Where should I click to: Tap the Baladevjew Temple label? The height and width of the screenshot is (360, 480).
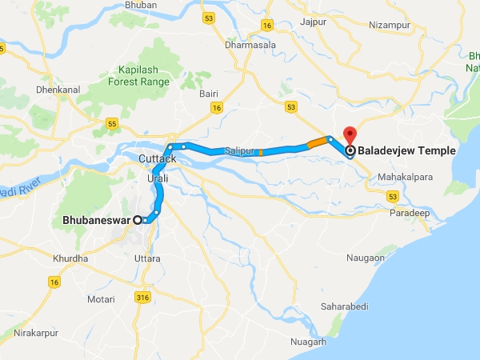coord(407,150)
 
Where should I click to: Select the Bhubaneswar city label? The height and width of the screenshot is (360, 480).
coord(97,220)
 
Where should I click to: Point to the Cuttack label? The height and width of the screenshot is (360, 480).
coord(157,159)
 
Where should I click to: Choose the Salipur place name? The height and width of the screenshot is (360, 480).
coord(241,150)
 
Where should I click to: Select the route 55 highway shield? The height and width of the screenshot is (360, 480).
coord(112,124)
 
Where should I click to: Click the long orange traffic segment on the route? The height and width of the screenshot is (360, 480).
coord(317,143)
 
